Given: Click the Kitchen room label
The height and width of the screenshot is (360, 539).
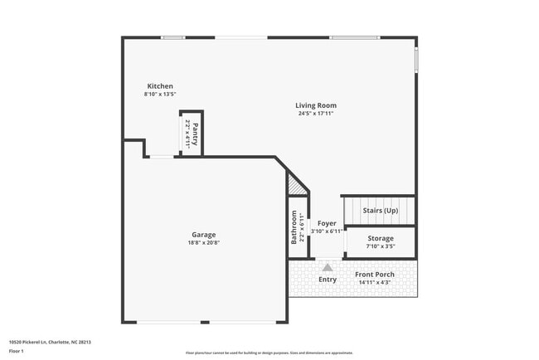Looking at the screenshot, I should [160, 86].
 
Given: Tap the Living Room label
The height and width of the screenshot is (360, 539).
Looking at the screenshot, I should [316, 105].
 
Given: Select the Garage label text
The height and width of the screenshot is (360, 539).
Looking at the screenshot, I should [203, 235].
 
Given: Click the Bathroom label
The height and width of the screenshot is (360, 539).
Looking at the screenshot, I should [294, 227].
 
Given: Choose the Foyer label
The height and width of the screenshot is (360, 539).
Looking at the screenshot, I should [327, 223].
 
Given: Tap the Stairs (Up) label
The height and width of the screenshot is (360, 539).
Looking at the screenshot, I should [381, 211].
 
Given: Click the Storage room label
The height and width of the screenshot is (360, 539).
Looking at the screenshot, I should [381, 238].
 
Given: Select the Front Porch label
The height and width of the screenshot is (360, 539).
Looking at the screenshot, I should [375, 275].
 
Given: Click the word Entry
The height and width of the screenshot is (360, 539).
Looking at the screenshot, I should [328, 280].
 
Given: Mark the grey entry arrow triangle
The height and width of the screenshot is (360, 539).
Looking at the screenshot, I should [328, 267].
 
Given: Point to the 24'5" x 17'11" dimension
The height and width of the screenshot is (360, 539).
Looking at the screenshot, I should [316, 114].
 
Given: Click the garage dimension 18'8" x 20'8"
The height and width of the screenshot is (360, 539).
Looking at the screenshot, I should [203, 243].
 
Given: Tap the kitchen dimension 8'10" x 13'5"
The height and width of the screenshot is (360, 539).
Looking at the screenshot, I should [160, 95].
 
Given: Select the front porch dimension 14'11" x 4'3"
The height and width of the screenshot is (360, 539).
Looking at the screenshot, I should [375, 283].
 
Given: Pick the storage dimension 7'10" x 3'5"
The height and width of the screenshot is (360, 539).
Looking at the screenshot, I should [381, 246].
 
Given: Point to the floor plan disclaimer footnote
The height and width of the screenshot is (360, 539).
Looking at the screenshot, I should [269, 353].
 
